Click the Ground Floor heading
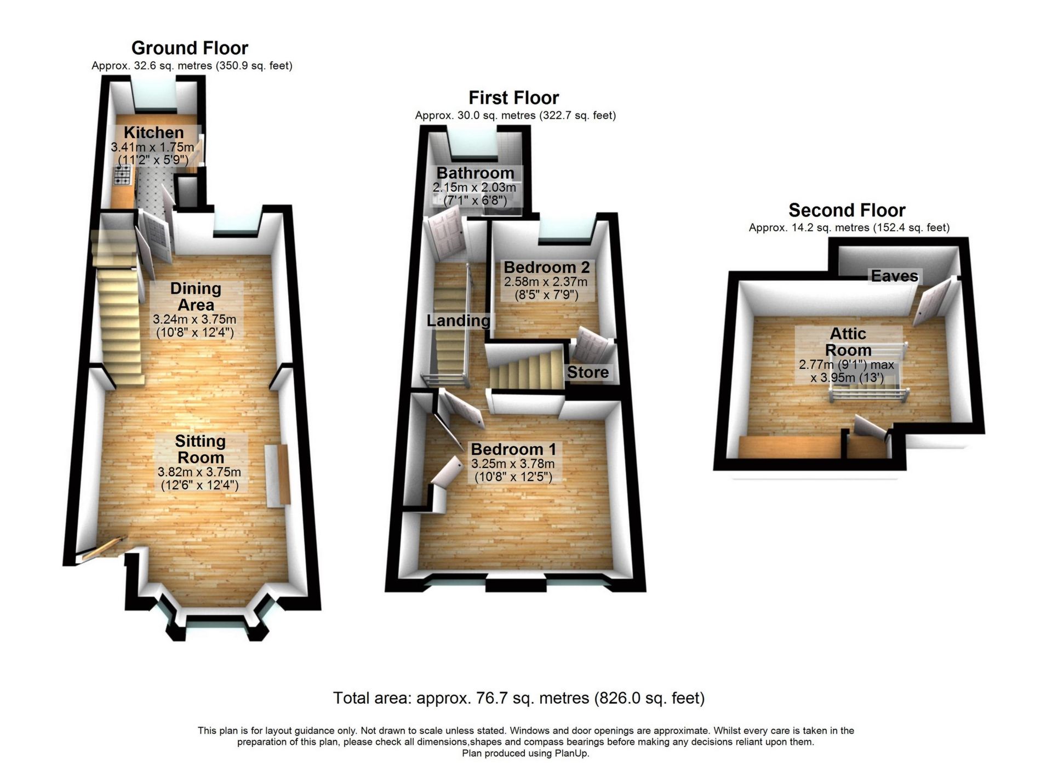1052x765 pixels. point(190,48)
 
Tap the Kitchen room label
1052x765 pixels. point(153,133)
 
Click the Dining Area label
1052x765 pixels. point(196,296)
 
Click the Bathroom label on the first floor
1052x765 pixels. point(475,173)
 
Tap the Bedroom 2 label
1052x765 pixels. point(546,267)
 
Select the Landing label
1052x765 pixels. point(458,321)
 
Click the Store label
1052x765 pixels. point(587,373)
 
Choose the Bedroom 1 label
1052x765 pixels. point(513,449)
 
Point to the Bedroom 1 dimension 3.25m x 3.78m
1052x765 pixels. point(513,464)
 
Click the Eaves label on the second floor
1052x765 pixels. point(894,276)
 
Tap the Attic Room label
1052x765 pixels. point(848,341)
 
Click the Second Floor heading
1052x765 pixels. point(847,210)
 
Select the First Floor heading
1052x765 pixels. point(513,98)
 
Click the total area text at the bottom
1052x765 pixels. point(519,698)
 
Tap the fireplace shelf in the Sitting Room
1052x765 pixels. point(277,475)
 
